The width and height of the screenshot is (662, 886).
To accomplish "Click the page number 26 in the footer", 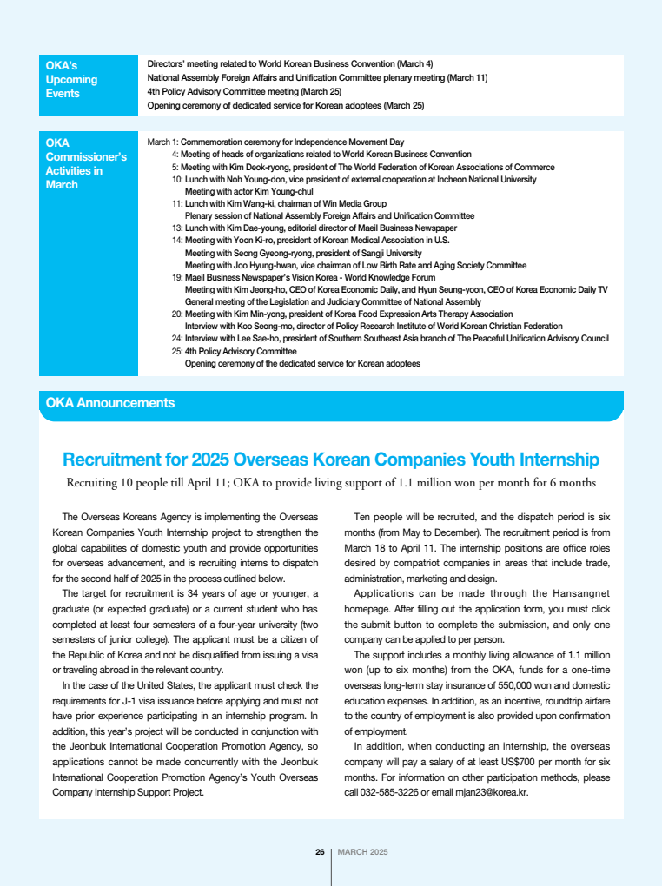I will [x=320, y=851].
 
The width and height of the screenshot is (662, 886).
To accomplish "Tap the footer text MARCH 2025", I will [x=362, y=851].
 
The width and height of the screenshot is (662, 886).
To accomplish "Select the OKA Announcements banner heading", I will [x=110, y=403].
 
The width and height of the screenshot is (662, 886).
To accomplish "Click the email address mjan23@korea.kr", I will [x=495, y=792].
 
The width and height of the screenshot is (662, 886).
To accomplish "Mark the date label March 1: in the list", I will [x=162, y=142].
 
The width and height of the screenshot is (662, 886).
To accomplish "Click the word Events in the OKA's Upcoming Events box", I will [x=63, y=94].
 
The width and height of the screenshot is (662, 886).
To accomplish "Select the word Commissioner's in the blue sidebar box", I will [x=86, y=157].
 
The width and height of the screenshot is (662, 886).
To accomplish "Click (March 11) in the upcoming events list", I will [x=467, y=78].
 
